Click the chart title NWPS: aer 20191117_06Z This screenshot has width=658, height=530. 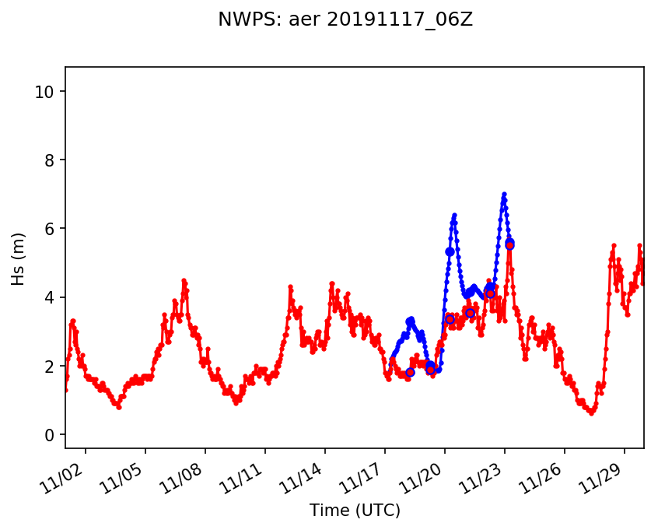(345, 20)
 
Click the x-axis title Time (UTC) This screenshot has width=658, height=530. (355, 511)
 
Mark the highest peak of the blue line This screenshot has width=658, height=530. (504, 194)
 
